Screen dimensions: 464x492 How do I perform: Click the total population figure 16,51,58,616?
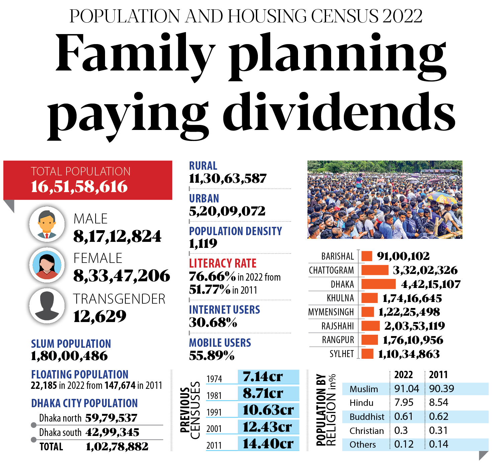pos(79,187)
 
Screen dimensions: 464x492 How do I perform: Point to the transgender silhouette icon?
pos(47,306)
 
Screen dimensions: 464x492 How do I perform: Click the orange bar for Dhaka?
pos(378,284)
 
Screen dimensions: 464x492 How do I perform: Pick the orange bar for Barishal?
pos(367,256)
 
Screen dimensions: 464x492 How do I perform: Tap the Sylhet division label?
pos(341,354)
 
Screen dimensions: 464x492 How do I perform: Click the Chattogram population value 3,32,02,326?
pos(425,270)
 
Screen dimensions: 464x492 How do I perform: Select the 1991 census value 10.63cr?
pos(268,410)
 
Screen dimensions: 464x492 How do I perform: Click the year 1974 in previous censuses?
pos(214,379)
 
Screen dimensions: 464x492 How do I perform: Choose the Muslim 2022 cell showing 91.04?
pos(406,389)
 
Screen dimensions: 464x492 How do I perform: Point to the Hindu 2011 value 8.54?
pos(438,403)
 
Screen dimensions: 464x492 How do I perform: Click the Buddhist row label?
pos(367,417)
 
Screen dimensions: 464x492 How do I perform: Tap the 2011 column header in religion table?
pos(438,375)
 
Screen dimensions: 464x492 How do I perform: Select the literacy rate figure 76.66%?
pos(212,277)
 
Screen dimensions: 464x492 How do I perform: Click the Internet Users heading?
pos(224,310)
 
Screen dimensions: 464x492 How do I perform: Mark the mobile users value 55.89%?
pos(212,356)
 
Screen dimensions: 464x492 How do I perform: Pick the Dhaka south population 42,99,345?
pos(112,433)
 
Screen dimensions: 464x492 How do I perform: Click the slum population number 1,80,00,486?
pos(69,356)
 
